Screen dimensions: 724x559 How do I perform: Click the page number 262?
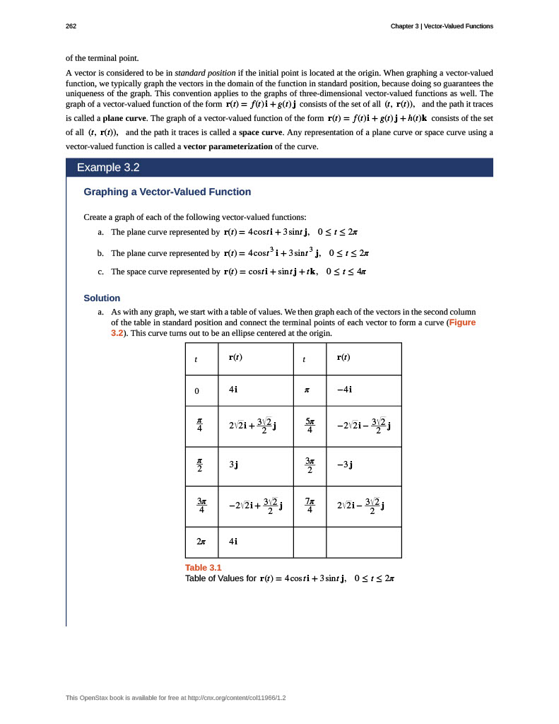click(x=71, y=26)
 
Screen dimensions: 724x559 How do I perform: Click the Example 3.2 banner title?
click(x=108, y=168)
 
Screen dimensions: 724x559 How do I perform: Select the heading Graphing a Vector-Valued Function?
click(x=167, y=192)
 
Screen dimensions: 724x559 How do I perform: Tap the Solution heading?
click(x=102, y=298)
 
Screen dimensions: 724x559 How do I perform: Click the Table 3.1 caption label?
click(x=203, y=568)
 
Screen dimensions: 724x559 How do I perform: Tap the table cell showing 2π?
click(x=201, y=542)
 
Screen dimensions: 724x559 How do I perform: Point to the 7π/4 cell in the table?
click(x=310, y=504)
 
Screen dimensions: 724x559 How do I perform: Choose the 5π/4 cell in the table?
click(x=310, y=426)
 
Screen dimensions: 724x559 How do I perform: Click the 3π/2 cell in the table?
click(x=310, y=465)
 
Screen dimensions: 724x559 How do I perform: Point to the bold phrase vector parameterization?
click(x=228, y=146)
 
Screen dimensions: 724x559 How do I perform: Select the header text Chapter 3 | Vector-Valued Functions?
click(x=442, y=26)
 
